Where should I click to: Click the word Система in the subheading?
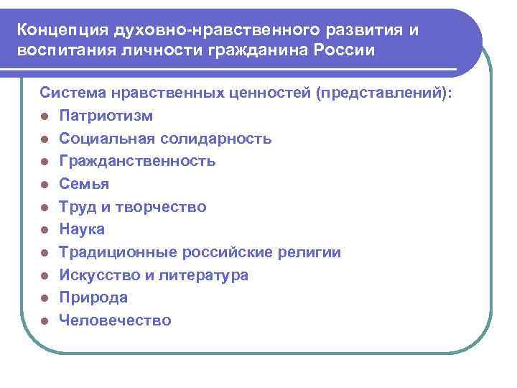pos(74,93)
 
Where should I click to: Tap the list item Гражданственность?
pos(137,161)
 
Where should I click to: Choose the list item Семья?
pos(84,184)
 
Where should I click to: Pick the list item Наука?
pos(82,229)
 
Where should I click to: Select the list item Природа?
pos(93,297)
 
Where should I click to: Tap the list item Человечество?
pos(115,320)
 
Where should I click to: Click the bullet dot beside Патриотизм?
pos(45,116)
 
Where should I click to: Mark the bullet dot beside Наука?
pos(45,230)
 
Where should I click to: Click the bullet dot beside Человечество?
pos(45,321)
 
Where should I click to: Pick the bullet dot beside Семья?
pos(45,185)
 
